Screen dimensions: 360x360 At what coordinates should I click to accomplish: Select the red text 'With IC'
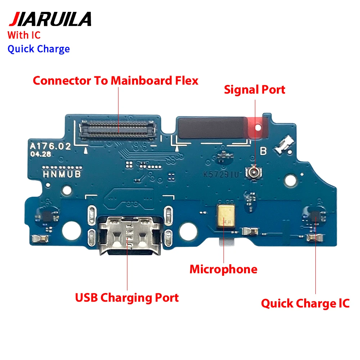pyautogui.click(x=24, y=35)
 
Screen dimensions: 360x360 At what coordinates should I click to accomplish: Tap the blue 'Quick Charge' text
pyautogui.click(x=39, y=49)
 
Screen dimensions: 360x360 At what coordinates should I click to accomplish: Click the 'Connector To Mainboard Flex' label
pyautogui.click(x=116, y=80)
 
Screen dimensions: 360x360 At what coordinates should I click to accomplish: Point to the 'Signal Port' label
pyautogui.click(x=255, y=90)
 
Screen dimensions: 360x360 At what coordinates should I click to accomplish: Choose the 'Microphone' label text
pyautogui.click(x=224, y=269)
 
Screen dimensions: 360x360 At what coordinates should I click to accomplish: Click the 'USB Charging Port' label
pyautogui.click(x=127, y=298)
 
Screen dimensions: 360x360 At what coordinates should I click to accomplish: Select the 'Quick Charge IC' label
pyautogui.click(x=305, y=303)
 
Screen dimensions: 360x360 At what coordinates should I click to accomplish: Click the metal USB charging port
pyautogui.click(x=127, y=231)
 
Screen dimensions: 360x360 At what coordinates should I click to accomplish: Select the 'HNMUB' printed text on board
pyautogui.click(x=59, y=174)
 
